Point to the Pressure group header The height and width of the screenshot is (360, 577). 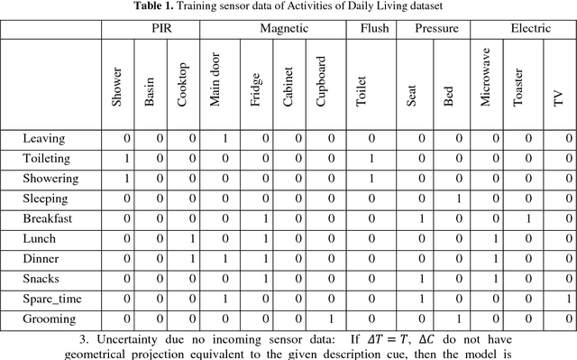pos(436,29)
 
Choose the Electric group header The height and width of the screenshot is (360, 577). pos(530,29)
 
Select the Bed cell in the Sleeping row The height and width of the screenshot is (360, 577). pos(457,198)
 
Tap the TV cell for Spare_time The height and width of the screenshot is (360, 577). pos(568,299)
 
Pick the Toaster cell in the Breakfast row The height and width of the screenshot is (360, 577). pos(528,218)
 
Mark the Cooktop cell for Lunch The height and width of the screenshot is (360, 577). pos(191,239)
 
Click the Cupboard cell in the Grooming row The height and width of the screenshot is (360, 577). pos(331,318)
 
